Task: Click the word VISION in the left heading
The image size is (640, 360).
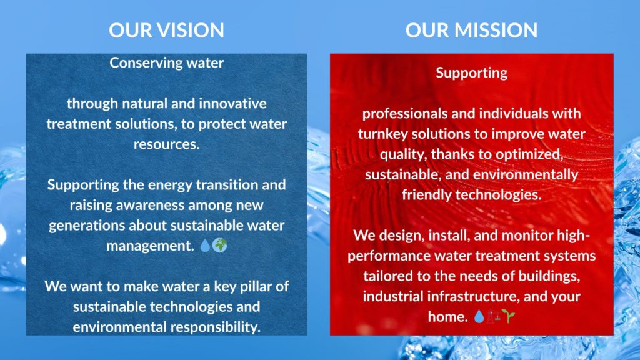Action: [191, 30]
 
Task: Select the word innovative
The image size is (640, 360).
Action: [232, 103]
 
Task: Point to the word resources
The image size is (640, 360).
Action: [166, 144]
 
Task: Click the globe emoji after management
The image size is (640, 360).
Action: [219, 245]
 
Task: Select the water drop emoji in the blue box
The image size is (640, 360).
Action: [205, 245]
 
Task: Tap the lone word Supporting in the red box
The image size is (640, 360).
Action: [471, 73]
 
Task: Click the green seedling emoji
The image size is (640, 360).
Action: [509, 316]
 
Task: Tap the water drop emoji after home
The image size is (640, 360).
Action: [479, 316]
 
